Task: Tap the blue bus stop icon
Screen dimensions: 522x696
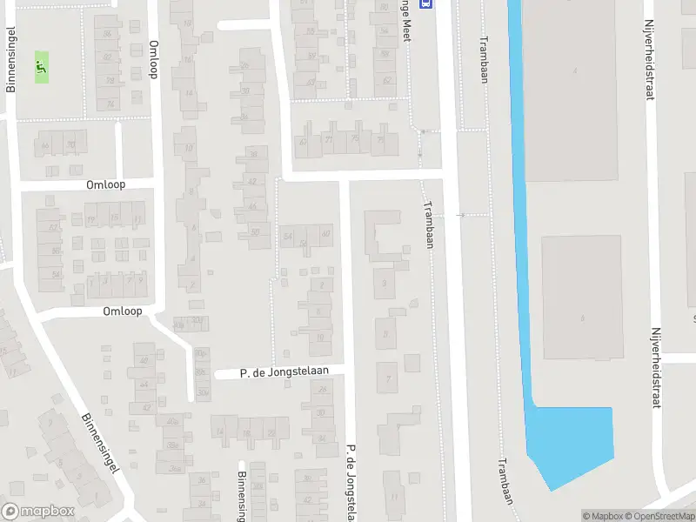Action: point(425,3)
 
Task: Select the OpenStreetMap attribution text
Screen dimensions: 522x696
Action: point(658,516)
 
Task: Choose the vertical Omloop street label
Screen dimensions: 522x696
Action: point(154,59)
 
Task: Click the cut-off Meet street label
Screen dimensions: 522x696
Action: point(405,22)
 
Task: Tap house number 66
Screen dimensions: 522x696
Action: point(45,145)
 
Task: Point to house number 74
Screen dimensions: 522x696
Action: point(110,104)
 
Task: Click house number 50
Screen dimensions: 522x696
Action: point(255,231)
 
